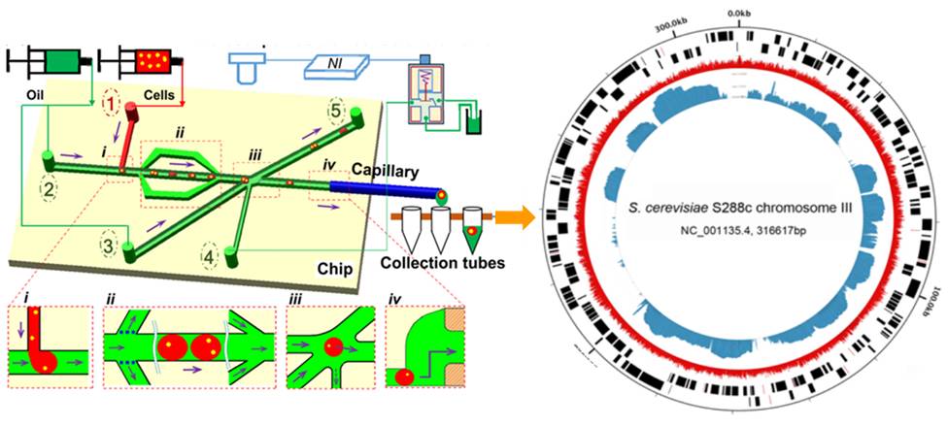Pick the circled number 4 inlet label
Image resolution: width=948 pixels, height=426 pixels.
[208, 258]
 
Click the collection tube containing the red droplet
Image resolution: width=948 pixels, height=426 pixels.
[472, 226]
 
